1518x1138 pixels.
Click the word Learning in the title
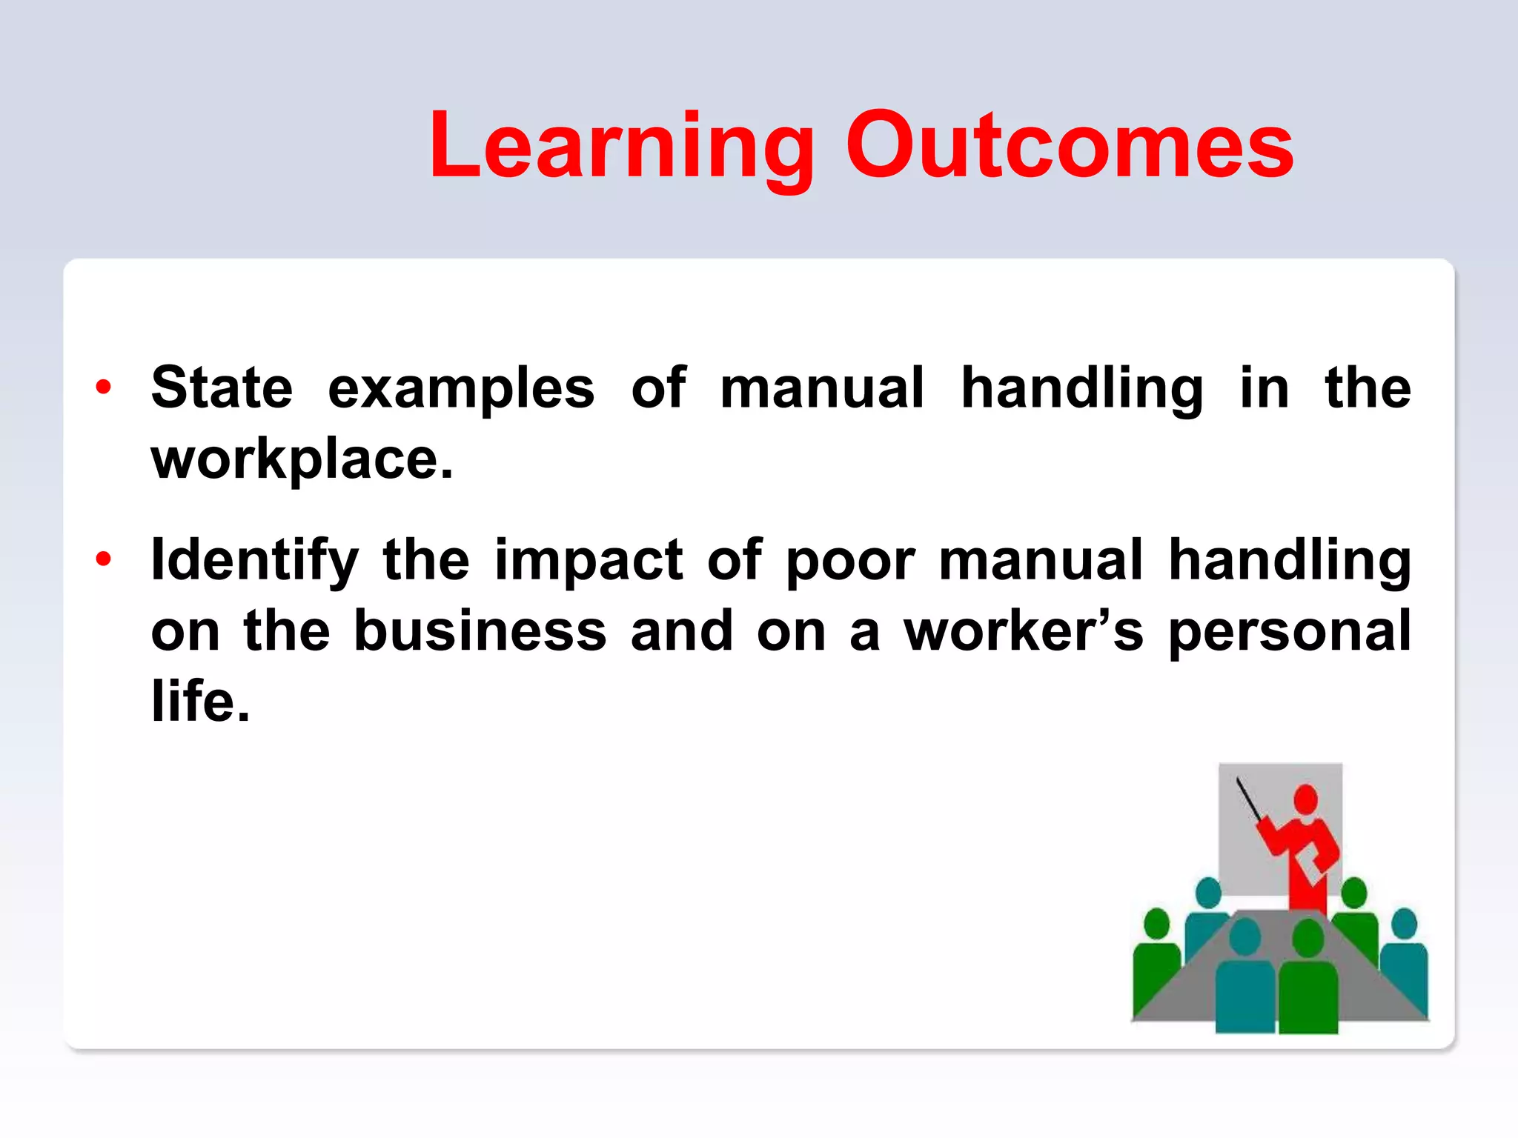pyautogui.click(x=621, y=146)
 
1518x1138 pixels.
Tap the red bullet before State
pyautogui.click(x=103, y=387)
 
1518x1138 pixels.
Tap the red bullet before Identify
pyautogui.click(x=103, y=559)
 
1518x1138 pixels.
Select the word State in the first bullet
pyautogui.click(x=222, y=387)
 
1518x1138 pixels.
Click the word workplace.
pyautogui.click(x=301, y=460)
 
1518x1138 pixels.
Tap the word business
pyautogui.click(x=480, y=631)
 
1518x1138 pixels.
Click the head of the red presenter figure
pyautogui.click(x=1305, y=800)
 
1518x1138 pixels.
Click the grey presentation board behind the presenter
pyautogui.click(x=1245, y=859)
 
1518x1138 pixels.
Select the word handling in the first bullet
pyautogui.click(x=1081, y=389)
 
